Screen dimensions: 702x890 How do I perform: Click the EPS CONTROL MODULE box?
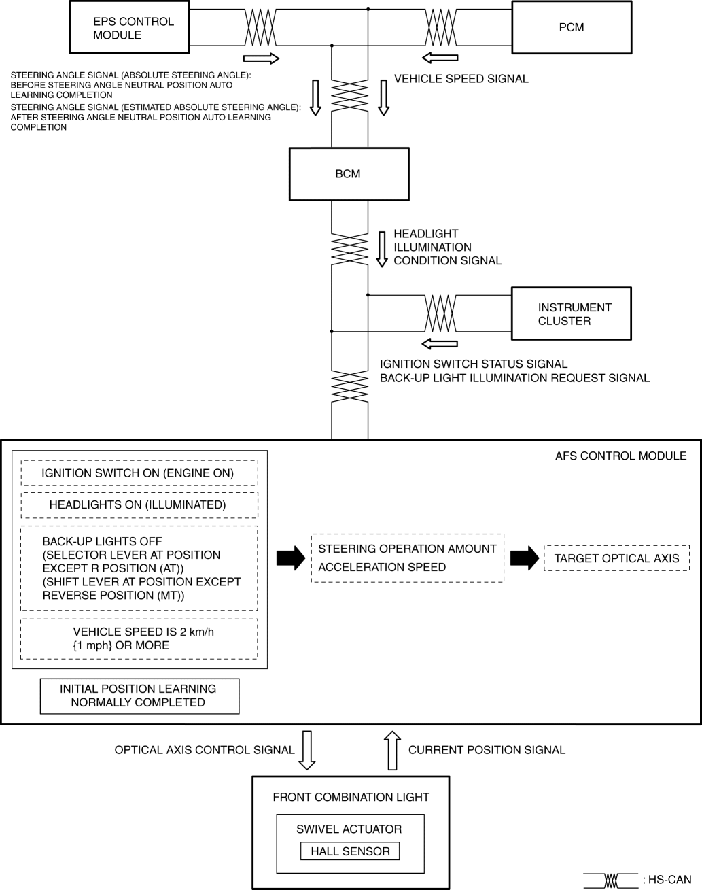coord(129,27)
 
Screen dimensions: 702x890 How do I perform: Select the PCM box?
coord(572,27)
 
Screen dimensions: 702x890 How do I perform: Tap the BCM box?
coord(349,174)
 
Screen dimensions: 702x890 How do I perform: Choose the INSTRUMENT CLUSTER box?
coord(572,313)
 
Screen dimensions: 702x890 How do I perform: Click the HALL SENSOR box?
coord(350,851)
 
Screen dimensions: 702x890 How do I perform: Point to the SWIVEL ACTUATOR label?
coord(349,829)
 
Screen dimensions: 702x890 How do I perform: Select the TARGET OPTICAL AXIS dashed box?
coord(616,558)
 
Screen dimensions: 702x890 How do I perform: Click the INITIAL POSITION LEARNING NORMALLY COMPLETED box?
coord(140,696)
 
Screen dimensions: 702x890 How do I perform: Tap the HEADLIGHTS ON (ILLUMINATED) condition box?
coord(139,505)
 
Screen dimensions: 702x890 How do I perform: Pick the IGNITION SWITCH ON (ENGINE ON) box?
coord(139,473)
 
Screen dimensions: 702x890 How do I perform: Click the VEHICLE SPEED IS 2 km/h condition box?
coord(139,638)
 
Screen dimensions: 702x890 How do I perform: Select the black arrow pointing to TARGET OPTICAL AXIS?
coord(525,558)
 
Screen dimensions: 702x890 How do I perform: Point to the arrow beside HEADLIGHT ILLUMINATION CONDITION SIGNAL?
coord(382,249)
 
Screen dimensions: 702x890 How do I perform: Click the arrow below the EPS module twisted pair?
coord(261,58)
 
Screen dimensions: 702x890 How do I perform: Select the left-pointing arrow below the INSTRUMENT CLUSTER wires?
coord(440,343)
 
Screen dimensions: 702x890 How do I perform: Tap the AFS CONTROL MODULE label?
coord(620,456)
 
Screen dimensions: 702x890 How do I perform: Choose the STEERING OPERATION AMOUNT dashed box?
coord(408,558)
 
